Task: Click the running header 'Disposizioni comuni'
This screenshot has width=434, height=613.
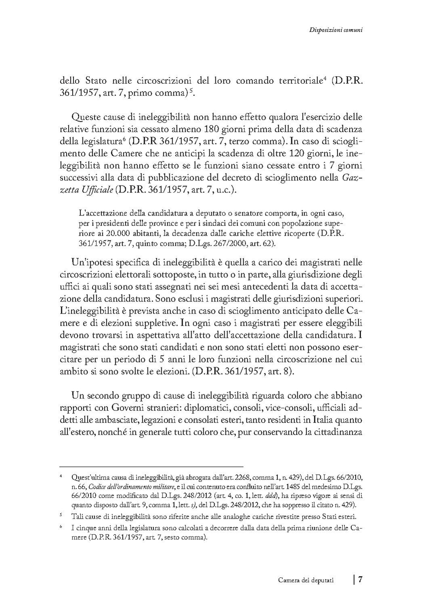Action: coord(335,30)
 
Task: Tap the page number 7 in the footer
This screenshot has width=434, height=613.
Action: coord(360,579)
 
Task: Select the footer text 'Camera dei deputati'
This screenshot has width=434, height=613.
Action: coord(306,580)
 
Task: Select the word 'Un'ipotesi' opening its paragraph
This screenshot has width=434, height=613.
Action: coord(92,263)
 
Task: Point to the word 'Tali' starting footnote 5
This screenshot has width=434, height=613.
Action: coord(76,516)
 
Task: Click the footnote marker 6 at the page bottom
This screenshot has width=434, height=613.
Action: coord(60,528)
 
